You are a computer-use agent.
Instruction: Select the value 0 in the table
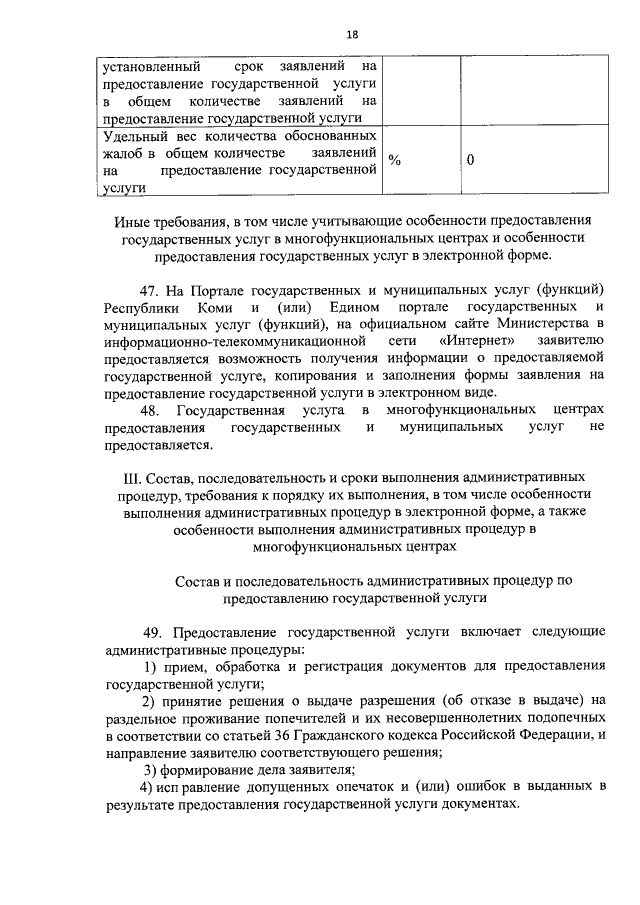(x=470, y=160)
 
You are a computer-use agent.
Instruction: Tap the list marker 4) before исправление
(x=147, y=788)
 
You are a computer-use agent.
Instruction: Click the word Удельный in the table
(x=134, y=134)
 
